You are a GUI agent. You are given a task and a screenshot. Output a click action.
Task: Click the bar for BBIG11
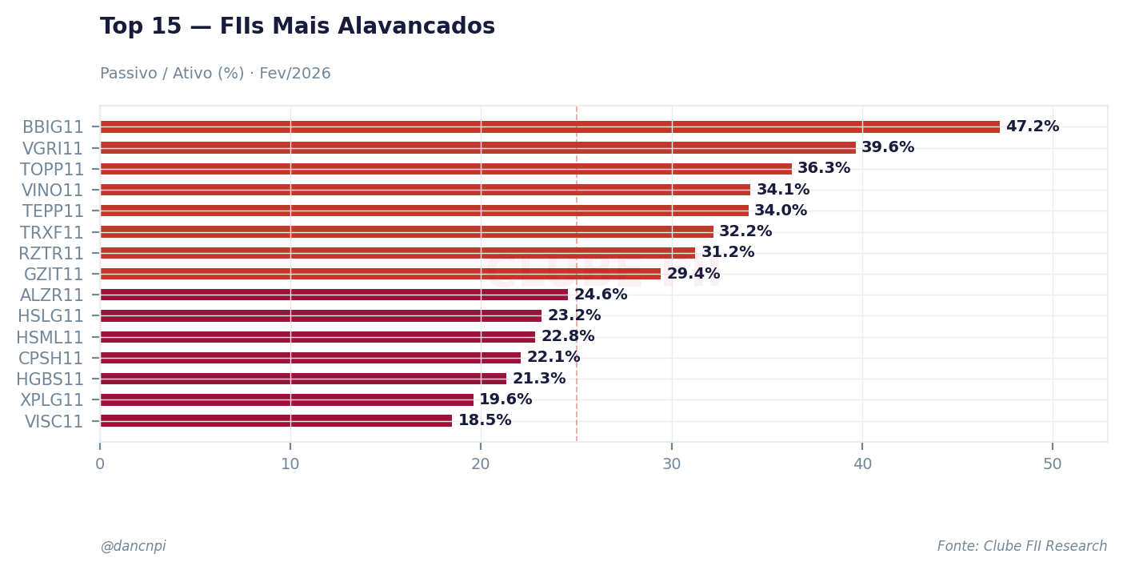550,126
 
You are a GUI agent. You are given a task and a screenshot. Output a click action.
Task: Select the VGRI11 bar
478,147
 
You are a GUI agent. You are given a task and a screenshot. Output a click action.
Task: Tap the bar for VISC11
276,420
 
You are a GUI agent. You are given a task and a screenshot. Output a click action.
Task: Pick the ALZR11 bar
334,295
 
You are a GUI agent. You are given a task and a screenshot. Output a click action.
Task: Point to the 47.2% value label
1032,126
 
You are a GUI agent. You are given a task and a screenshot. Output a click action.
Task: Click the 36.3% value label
823,169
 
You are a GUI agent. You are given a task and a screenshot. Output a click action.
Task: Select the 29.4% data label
693,274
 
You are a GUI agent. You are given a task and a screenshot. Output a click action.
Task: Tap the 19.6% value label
505,399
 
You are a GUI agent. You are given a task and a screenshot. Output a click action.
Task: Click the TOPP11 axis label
52,170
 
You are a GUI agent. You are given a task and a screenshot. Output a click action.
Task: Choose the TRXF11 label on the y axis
52,232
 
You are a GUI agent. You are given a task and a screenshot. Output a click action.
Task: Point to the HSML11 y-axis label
50,337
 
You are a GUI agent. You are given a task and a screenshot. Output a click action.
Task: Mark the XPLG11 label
52,400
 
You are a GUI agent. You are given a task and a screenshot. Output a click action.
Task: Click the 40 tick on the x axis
862,464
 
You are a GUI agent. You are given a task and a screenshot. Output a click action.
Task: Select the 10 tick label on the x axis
290,464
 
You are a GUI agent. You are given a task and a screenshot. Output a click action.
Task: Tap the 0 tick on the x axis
100,464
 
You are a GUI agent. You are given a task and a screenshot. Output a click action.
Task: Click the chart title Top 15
297,27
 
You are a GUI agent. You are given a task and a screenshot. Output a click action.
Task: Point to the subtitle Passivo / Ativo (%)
215,74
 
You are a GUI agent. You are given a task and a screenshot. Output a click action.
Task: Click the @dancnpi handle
133,547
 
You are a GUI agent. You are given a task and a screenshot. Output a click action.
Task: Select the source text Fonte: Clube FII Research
1021,547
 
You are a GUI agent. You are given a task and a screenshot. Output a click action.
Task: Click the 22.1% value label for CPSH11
553,357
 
